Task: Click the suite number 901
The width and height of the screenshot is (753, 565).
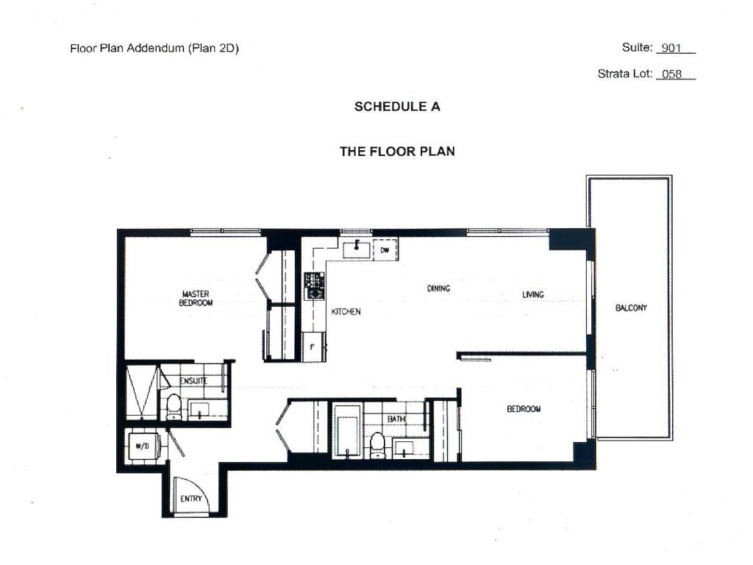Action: (x=671, y=49)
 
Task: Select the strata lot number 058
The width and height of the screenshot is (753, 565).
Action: (x=672, y=74)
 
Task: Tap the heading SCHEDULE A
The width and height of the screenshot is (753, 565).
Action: (x=397, y=106)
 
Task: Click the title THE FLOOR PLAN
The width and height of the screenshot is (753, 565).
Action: (x=397, y=152)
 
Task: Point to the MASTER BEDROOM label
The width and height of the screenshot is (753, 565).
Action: (x=196, y=298)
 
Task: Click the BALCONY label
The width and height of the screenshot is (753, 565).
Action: (x=631, y=308)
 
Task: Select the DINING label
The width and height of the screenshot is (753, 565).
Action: (x=438, y=288)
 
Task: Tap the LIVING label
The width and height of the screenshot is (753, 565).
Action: (x=533, y=294)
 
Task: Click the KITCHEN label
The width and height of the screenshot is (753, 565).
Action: (x=346, y=312)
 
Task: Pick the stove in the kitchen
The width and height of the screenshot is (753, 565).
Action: (x=315, y=285)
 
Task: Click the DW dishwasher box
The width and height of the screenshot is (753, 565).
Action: (x=385, y=249)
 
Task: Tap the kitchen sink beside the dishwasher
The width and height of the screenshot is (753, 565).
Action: (x=357, y=249)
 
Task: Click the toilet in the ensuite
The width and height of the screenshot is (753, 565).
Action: (x=174, y=406)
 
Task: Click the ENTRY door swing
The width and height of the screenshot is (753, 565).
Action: (x=191, y=494)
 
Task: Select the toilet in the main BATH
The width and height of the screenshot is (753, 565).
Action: (x=377, y=444)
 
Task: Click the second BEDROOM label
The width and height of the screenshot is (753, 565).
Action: (x=524, y=409)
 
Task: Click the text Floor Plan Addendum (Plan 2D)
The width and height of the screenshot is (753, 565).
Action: (x=154, y=49)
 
